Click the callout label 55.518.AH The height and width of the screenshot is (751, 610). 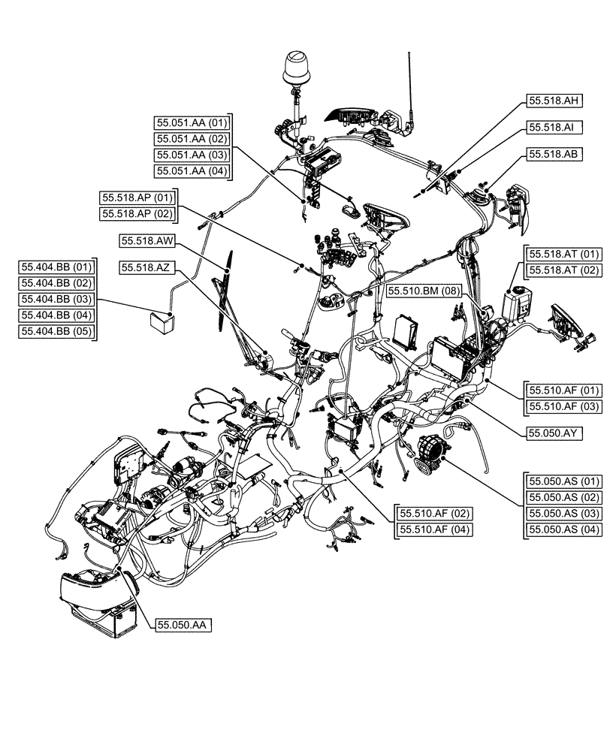coord(554,101)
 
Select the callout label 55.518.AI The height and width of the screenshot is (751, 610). coord(554,128)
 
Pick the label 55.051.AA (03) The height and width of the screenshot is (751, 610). coord(192,155)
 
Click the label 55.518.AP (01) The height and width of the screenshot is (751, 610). coord(137,198)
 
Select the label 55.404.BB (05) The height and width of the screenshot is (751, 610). coord(56,331)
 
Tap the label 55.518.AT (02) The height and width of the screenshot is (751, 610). coord(564,270)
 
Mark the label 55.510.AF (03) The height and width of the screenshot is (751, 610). coord(564,406)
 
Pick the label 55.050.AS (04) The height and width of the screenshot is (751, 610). coord(564,530)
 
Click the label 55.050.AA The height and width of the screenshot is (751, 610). coord(183,625)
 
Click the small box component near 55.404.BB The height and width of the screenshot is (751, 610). coord(161,321)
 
